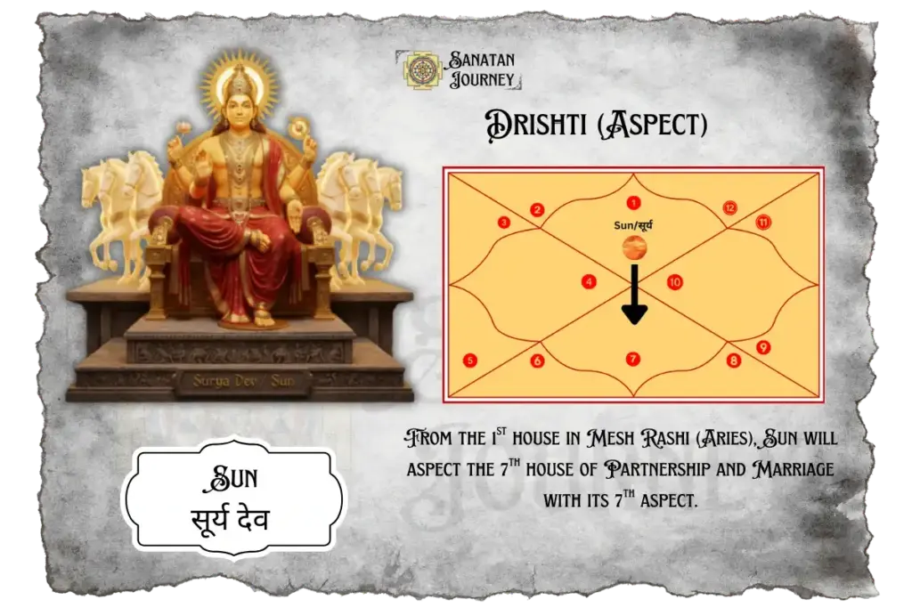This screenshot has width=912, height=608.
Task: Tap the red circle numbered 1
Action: click(633, 202)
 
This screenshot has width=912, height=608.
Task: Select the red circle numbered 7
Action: click(633, 359)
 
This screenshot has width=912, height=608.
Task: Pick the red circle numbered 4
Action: click(589, 282)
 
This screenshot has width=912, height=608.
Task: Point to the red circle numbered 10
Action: click(675, 282)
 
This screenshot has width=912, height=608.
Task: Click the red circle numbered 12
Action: click(729, 208)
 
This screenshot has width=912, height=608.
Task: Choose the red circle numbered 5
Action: click(470, 361)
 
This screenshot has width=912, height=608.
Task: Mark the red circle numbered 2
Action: click(537, 210)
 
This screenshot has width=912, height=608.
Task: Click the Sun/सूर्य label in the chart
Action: click(633, 226)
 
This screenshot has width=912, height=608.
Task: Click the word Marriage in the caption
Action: click(788, 469)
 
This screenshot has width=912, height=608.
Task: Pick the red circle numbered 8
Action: click(733, 361)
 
